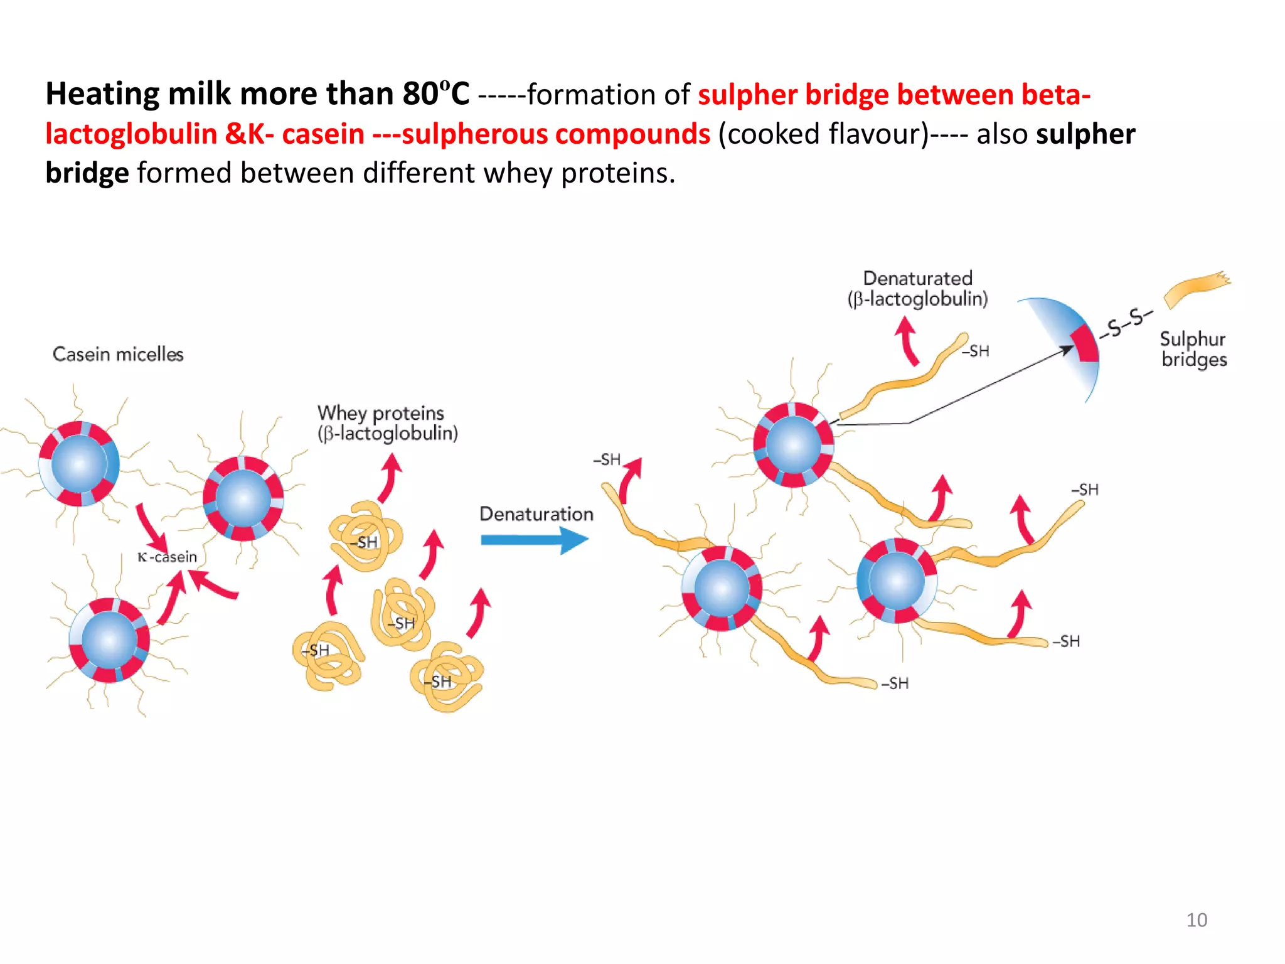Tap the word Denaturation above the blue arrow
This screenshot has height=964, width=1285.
tap(536, 514)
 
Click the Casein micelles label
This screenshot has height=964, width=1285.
tap(118, 355)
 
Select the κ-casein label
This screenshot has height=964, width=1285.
tap(167, 557)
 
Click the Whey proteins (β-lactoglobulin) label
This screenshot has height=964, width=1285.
tap(387, 423)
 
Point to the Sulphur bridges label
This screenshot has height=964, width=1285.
tap(1193, 349)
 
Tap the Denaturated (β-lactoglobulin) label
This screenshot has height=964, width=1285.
tap(917, 289)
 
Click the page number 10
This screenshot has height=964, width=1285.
tap(1197, 920)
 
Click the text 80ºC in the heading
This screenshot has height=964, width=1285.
tap(435, 94)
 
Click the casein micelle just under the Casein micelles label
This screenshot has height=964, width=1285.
tap(79, 464)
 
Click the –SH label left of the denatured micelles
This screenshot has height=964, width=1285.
tap(607, 460)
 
